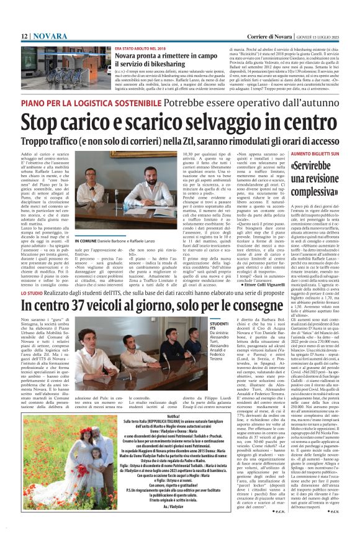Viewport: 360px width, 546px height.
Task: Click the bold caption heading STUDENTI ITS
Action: pos(218,325)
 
